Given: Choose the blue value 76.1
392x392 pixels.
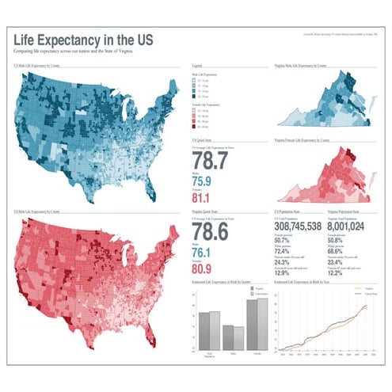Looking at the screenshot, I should (203, 253).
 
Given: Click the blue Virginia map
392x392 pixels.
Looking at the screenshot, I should (325, 103).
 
